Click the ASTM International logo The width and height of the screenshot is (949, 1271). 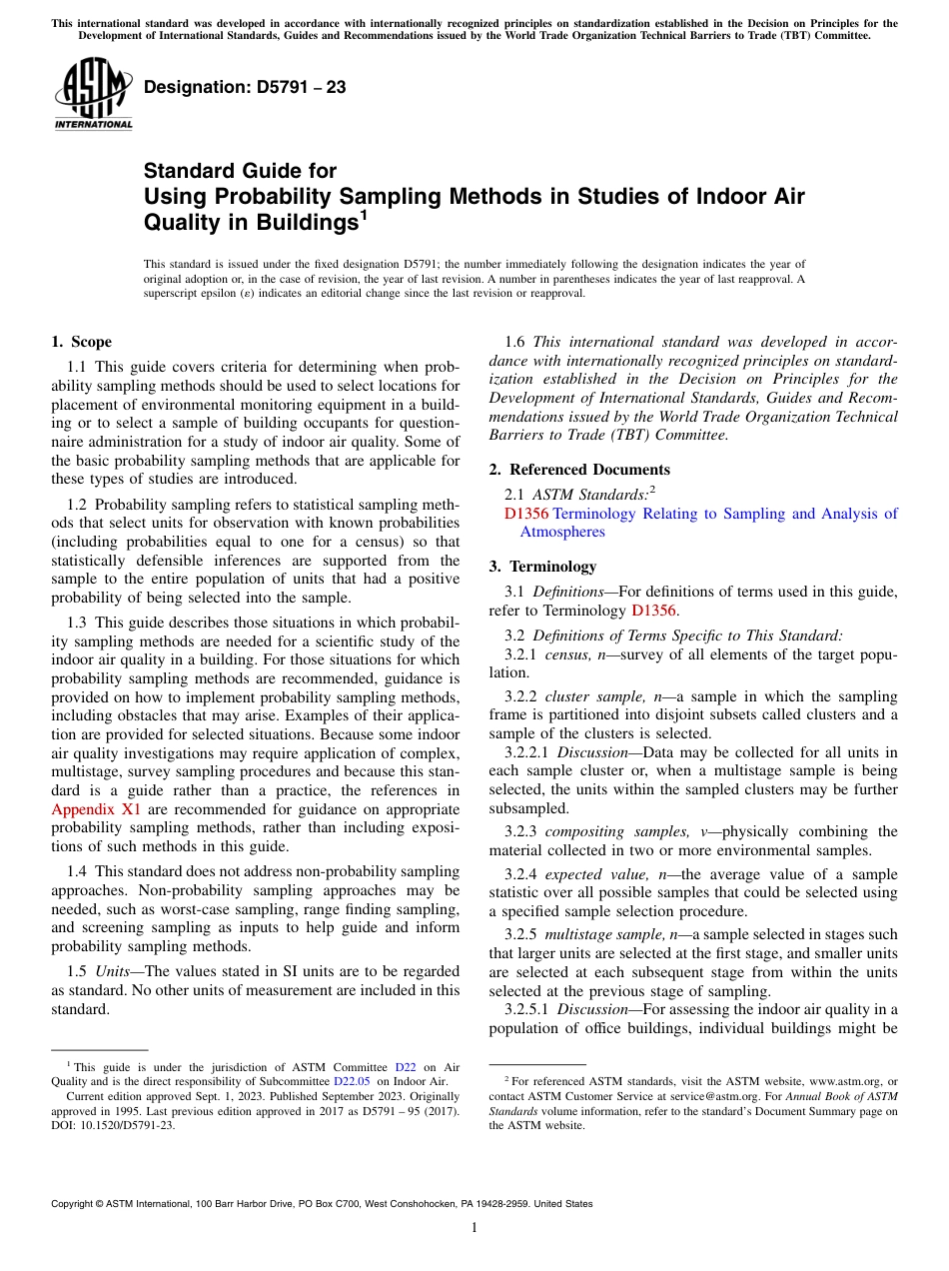click(x=92, y=94)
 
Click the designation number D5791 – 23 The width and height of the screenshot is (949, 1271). click(x=245, y=87)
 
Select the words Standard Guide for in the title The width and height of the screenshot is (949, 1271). click(x=240, y=171)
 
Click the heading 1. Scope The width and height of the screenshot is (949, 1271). click(x=81, y=342)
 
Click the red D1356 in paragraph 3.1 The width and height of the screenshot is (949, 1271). click(x=653, y=611)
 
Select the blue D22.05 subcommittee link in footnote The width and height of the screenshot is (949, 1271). click(x=352, y=1081)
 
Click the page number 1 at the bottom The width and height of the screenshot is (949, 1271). click(x=474, y=1228)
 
